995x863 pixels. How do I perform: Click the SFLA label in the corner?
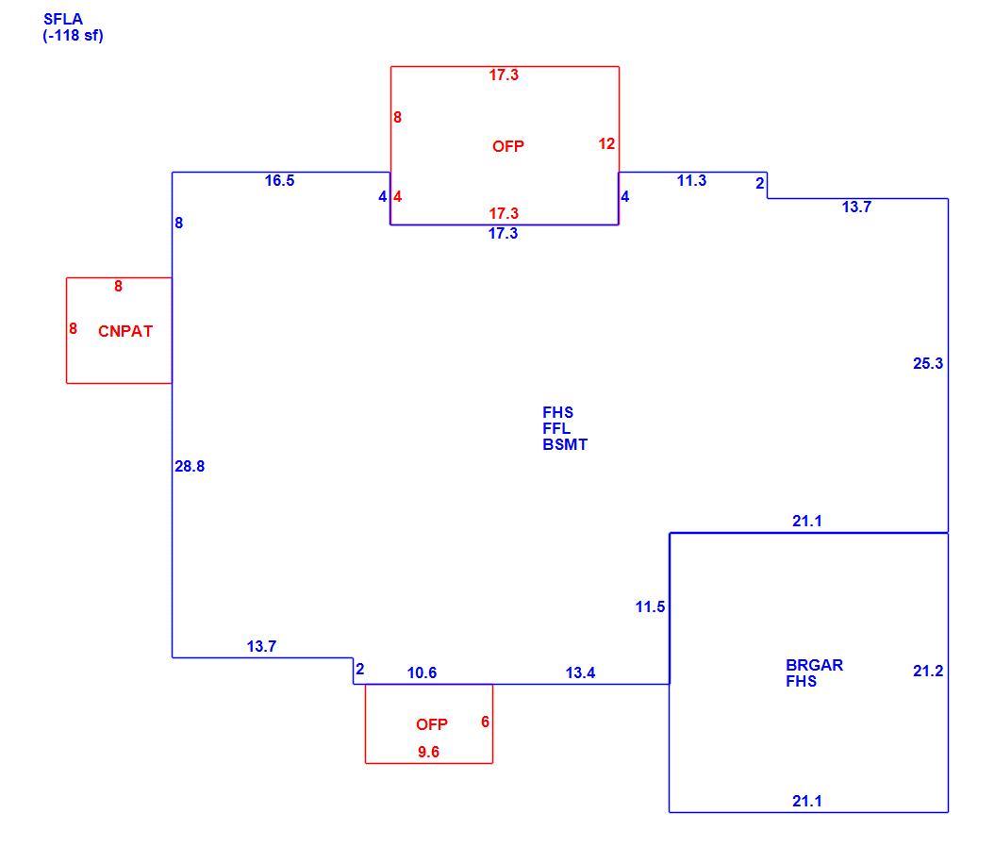point(63,19)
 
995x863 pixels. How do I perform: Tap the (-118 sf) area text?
point(73,36)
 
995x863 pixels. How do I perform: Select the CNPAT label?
point(125,331)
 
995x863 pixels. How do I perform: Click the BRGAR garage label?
point(814,665)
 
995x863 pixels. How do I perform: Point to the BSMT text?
point(565,445)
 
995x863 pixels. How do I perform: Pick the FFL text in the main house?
point(556,428)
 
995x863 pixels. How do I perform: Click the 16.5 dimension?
point(279,181)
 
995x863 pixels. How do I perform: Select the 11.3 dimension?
point(691,181)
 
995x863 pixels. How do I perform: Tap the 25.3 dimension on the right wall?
point(928,364)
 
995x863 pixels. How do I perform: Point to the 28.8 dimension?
point(190,467)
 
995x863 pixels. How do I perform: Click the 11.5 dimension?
point(651,607)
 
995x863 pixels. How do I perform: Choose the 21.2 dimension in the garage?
point(928,671)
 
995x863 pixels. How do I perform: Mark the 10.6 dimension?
point(422,672)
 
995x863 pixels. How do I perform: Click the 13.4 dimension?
point(581,672)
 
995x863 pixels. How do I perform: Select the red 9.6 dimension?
point(428,752)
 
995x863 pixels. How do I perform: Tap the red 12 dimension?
point(606,144)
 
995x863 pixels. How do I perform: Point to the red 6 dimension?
point(486,722)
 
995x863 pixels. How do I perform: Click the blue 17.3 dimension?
point(503,234)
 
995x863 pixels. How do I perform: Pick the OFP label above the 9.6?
point(432,724)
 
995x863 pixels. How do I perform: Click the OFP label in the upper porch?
point(508,146)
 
